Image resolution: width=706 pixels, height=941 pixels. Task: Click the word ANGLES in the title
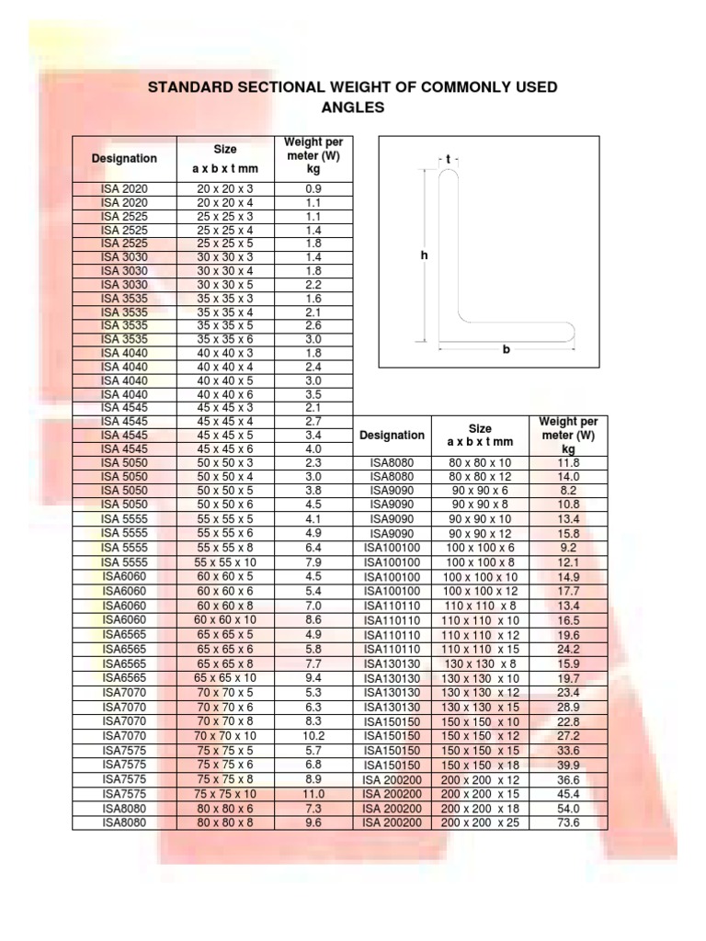click(x=353, y=108)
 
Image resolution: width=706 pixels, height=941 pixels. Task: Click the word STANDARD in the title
click(x=190, y=87)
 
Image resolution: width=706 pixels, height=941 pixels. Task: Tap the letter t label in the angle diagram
click(x=448, y=159)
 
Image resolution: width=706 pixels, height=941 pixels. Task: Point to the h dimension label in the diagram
click(x=425, y=257)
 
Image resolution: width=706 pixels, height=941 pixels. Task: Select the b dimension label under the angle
click(x=505, y=349)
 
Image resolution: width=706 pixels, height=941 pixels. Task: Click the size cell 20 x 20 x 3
click(x=225, y=188)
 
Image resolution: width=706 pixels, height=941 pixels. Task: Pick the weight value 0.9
click(x=313, y=188)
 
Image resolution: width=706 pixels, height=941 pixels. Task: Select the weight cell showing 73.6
click(x=569, y=822)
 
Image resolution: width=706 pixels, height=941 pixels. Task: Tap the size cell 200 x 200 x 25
click(x=480, y=822)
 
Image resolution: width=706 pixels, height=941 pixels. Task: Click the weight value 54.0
click(x=569, y=809)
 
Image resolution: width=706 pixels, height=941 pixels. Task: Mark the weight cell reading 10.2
click(x=313, y=735)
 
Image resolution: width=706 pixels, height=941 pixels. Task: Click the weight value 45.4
click(x=569, y=794)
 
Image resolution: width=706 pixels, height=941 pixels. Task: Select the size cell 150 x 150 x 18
click(x=480, y=765)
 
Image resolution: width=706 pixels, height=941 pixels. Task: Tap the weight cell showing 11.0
click(x=313, y=794)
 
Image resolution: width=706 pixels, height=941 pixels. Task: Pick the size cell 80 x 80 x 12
click(x=480, y=477)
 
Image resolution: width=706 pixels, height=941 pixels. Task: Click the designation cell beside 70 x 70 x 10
click(x=124, y=735)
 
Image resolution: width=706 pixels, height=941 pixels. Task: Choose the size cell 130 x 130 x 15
click(x=480, y=706)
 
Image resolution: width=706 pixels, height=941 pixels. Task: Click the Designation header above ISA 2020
click(x=124, y=158)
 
